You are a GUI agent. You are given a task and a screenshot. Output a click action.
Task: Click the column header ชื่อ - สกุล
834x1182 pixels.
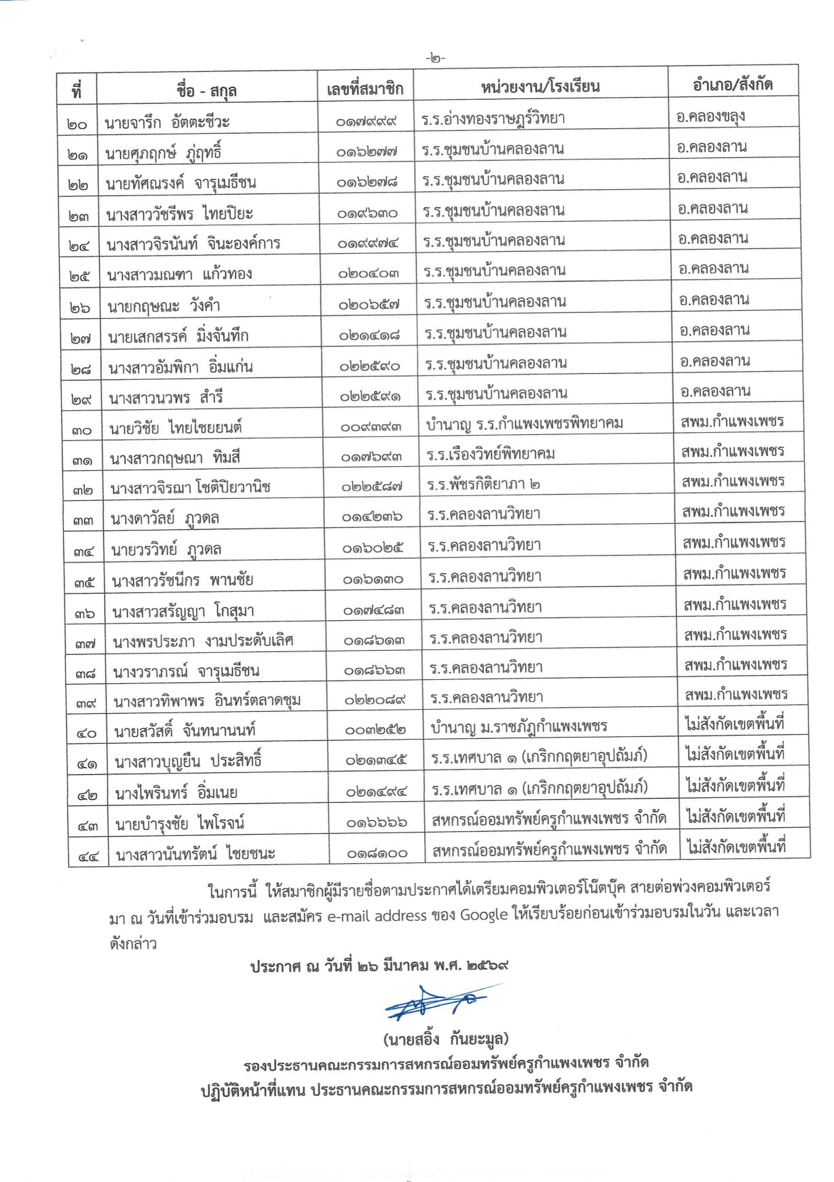click(x=206, y=89)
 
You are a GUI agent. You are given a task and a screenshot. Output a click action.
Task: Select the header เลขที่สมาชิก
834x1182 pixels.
click(x=365, y=88)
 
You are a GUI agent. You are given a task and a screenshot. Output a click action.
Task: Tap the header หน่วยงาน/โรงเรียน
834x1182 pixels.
click(x=540, y=86)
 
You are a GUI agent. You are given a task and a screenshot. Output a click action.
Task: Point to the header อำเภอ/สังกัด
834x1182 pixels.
click(x=733, y=84)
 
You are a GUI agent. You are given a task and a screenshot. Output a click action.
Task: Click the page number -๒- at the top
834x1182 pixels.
click(x=435, y=58)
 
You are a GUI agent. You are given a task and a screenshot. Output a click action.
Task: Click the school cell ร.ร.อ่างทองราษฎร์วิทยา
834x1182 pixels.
click(x=493, y=119)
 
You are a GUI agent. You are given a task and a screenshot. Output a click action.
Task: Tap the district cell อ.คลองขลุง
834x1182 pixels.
click(x=710, y=116)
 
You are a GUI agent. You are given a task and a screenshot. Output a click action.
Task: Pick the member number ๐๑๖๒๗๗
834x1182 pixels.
click(x=367, y=153)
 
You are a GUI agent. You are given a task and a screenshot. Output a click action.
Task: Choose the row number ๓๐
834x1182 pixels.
click(x=82, y=430)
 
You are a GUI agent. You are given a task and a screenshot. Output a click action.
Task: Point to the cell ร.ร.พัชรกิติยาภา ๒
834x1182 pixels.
click(x=484, y=484)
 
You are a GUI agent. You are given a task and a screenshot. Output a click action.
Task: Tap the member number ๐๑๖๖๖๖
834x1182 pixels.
click(x=377, y=822)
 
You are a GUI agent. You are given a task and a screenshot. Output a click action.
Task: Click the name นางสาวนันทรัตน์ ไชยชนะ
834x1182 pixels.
click(x=195, y=854)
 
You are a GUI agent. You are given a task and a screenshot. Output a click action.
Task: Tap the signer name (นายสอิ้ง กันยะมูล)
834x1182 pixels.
click(x=445, y=1039)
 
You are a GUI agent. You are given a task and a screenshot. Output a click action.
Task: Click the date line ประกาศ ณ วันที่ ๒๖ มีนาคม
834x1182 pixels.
click(x=379, y=966)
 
